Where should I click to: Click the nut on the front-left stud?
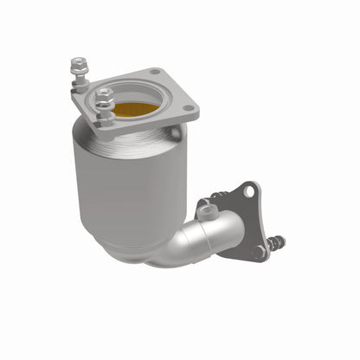point(104,96)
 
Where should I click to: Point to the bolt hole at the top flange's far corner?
point(154,72)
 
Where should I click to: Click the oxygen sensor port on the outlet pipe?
point(205,210)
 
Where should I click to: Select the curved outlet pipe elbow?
point(208,238)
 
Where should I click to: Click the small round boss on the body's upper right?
point(178,132)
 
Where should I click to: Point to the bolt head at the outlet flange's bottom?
point(260,252)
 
